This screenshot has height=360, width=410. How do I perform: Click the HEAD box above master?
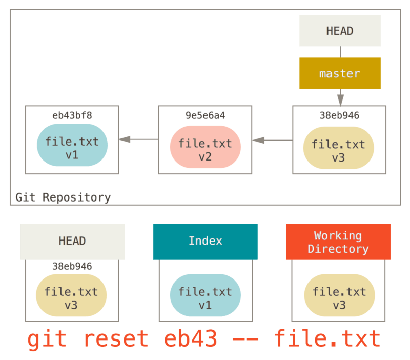(x=340, y=31)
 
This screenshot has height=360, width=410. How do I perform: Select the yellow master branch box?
(x=340, y=73)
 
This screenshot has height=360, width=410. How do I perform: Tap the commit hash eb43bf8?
(x=72, y=115)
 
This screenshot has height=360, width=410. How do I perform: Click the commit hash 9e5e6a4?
(x=205, y=116)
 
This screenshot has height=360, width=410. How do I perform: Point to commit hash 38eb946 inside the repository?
(x=339, y=116)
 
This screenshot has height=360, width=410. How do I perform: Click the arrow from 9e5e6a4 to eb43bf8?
(x=138, y=139)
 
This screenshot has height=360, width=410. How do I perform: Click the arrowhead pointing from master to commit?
(x=340, y=99)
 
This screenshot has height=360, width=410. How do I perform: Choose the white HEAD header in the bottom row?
(x=72, y=241)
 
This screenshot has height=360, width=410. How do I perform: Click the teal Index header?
(x=205, y=241)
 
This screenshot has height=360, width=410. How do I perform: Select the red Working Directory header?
(x=338, y=242)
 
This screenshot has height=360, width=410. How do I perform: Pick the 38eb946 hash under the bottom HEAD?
(x=72, y=266)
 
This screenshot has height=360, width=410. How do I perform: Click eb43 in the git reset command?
(x=191, y=339)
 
